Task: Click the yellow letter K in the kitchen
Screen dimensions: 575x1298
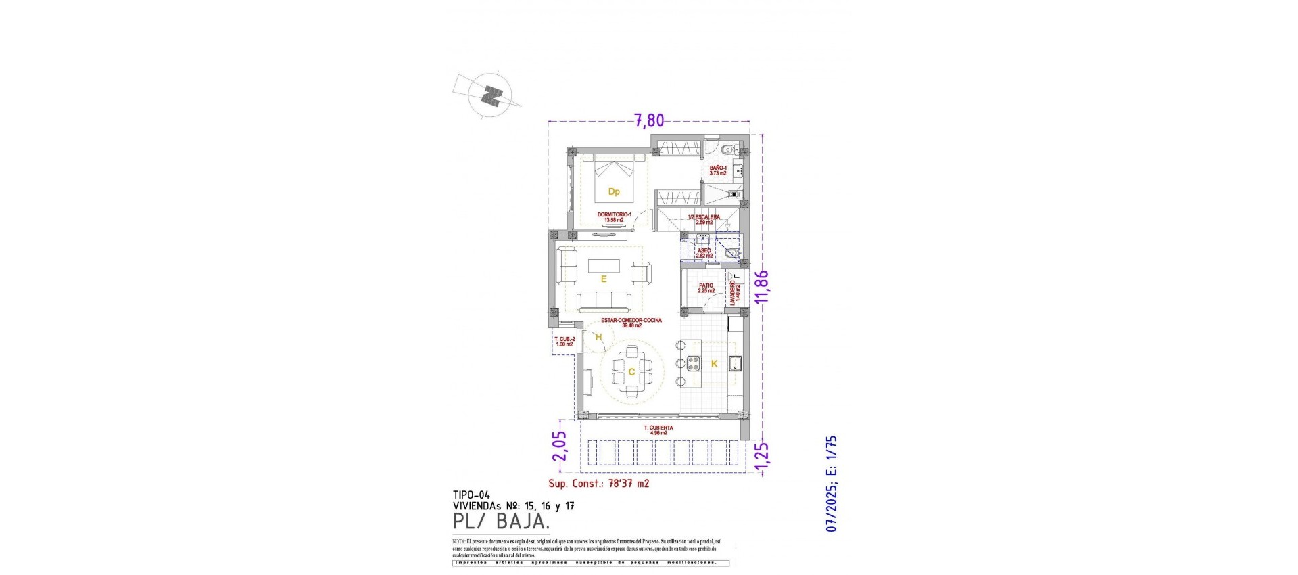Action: (x=713, y=364)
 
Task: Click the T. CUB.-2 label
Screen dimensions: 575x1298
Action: (x=564, y=342)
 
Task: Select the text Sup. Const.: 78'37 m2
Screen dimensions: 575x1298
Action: (x=598, y=484)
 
